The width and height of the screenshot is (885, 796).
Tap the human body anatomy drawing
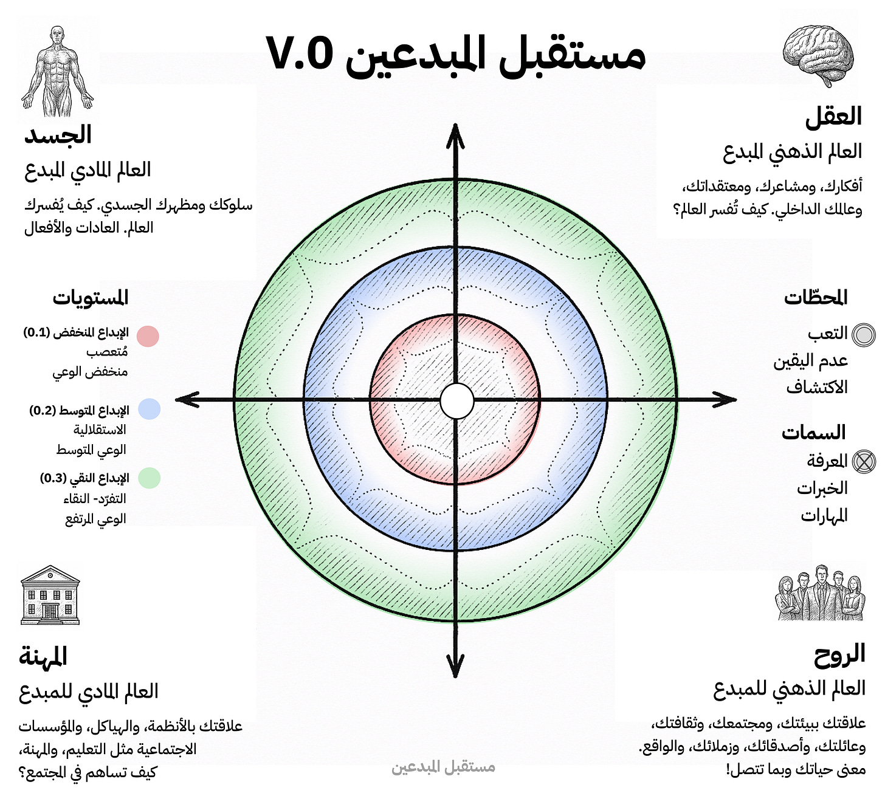click(x=57, y=72)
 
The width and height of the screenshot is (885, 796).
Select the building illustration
click(x=50, y=595)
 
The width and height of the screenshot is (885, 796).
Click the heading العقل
click(x=833, y=116)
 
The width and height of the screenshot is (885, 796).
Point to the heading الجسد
click(x=58, y=135)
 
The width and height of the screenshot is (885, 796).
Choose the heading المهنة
click(x=43, y=656)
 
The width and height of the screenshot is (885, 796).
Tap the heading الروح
click(x=839, y=654)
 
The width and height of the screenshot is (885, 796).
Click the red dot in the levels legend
click(x=148, y=336)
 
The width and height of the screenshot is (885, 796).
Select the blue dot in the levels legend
click(x=149, y=409)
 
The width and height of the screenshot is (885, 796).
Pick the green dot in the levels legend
click(x=149, y=478)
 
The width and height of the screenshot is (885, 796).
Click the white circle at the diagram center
click(x=456, y=401)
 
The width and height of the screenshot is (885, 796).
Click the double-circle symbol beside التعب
click(x=863, y=335)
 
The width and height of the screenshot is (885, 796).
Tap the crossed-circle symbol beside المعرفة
click(x=863, y=462)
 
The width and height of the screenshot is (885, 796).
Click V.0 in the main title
click(x=300, y=53)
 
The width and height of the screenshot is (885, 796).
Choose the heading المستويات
click(x=91, y=298)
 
